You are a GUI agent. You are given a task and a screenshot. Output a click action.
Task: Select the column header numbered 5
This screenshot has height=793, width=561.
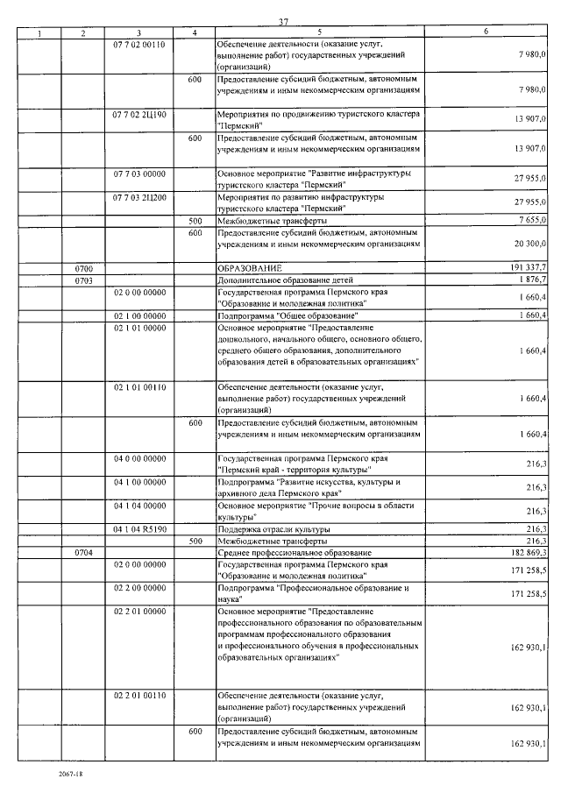coord(319,33)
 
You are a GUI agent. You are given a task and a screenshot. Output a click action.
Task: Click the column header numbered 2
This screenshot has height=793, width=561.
coord(82,33)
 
